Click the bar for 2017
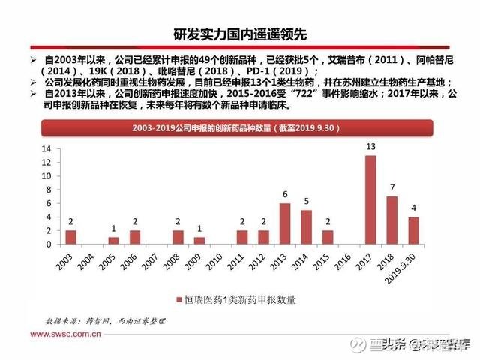(370, 200)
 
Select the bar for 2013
(285, 223)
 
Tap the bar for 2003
(70, 237)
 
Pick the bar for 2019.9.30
(413, 230)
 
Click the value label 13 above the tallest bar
(370, 147)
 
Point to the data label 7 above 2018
(392, 187)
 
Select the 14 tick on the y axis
(46, 149)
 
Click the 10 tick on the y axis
(46, 176)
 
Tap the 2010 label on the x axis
(214, 262)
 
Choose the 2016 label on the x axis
(343, 262)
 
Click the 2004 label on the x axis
(85, 262)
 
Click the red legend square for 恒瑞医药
(179, 300)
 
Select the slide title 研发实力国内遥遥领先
(240, 34)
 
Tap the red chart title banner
(237, 128)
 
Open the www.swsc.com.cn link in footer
(65, 334)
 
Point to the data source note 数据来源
(106, 321)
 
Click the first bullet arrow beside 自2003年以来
(33, 60)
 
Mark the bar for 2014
(306, 227)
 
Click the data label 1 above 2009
(199, 229)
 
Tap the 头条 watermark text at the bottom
(388, 345)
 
